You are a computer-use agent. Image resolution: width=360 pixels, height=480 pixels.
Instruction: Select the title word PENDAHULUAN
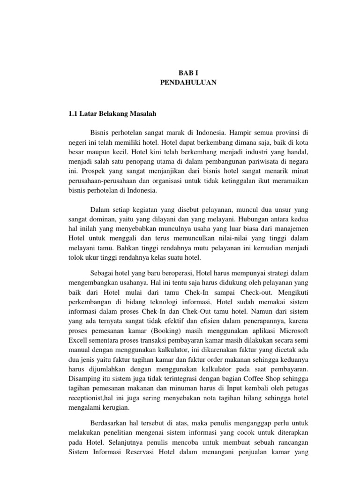point(180,82)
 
